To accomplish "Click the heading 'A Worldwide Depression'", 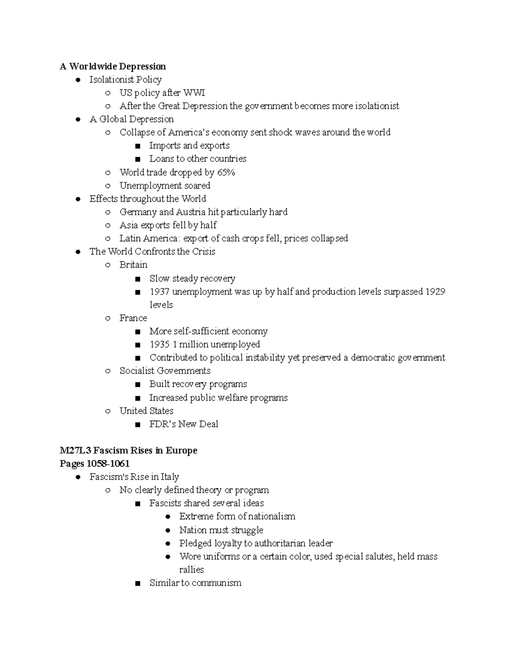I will (113, 66).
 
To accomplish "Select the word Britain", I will (133, 265).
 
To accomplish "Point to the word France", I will (133, 318).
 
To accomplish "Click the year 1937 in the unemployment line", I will (159, 292).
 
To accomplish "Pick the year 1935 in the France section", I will (159, 344).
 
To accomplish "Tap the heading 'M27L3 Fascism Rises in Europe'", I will (129, 450).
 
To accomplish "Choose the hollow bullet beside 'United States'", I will (108, 411).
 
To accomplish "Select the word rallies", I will (191, 569).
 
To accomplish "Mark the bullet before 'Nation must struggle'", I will (168, 530).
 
